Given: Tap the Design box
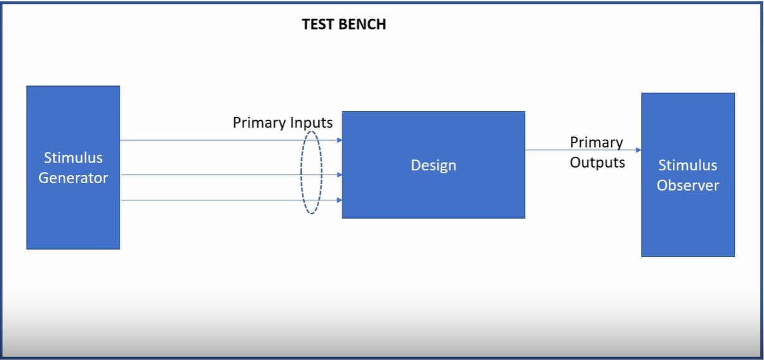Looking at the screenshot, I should pyautogui.click(x=433, y=193).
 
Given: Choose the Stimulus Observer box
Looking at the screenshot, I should pyautogui.click(x=688, y=224).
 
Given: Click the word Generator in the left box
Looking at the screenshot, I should pyautogui.click(x=73, y=178).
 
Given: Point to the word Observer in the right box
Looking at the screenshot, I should pyautogui.click(x=688, y=186).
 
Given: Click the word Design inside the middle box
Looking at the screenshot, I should pyautogui.click(x=433, y=166).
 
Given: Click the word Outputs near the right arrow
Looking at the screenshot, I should pyautogui.click(x=597, y=163).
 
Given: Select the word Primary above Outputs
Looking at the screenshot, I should pyautogui.click(x=596, y=143).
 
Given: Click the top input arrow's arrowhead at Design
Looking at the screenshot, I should pyautogui.click(x=339, y=140).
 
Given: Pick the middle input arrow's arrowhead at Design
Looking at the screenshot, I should pyautogui.click(x=339, y=175).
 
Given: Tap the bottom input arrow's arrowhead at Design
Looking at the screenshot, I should pyautogui.click(x=339, y=200).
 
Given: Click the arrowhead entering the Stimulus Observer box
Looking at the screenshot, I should pyautogui.click(x=638, y=150).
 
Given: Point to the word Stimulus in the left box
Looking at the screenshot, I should pyautogui.click(x=73, y=158).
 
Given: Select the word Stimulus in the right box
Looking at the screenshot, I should pyautogui.click(x=688, y=166).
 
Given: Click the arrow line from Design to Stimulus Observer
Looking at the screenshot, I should pyautogui.click(x=548, y=150).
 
